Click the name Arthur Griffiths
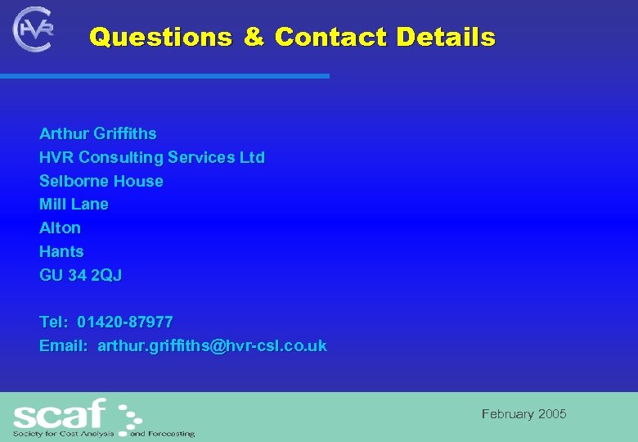point(97,133)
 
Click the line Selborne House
point(101,181)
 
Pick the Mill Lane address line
point(74,204)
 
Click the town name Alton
point(60,228)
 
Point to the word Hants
point(61,251)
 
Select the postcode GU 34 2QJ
point(80,275)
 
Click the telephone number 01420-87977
point(125,322)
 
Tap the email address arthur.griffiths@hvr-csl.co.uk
point(212,345)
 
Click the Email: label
point(63,345)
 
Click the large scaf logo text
point(61,412)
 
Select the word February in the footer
point(507,414)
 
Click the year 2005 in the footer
point(551,414)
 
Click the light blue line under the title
point(164,76)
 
